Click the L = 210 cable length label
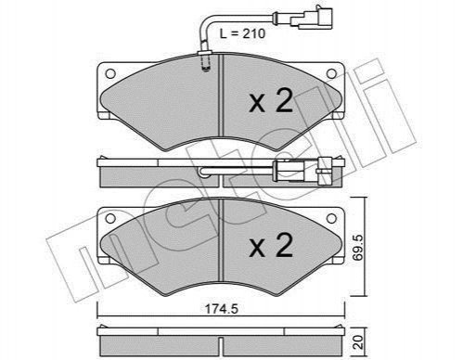[x=242, y=33]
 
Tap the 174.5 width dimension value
[x=222, y=309]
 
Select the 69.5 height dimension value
[x=360, y=248]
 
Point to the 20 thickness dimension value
[x=359, y=342]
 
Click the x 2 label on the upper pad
[x=271, y=99]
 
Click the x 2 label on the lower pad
[x=271, y=245]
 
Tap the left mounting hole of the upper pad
[x=110, y=74]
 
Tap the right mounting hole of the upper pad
[x=331, y=73]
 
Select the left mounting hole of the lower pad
[x=110, y=218]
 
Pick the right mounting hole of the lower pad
[x=331, y=218]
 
